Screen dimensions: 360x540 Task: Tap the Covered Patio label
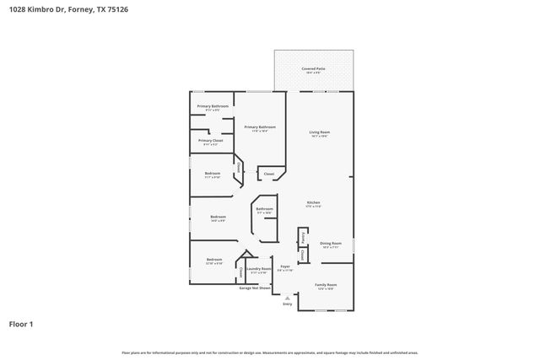(x=313, y=68)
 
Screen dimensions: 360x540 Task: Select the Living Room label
(x=318, y=132)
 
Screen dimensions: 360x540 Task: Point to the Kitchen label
(x=313, y=202)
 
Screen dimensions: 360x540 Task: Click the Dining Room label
(x=330, y=243)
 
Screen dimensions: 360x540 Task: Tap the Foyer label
(x=285, y=266)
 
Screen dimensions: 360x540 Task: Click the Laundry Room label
(x=258, y=269)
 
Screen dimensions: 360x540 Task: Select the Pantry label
(x=302, y=236)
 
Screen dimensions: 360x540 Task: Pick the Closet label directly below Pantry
(x=302, y=253)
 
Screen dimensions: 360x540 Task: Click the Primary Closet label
(x=211, y=141)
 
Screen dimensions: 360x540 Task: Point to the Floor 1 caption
(x=21, y=324)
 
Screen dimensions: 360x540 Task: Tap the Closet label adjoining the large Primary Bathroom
(x=268, y=174)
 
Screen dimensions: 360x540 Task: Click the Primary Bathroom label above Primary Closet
(x=213, y=106)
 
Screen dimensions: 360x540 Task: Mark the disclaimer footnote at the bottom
(x=270, y=352)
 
